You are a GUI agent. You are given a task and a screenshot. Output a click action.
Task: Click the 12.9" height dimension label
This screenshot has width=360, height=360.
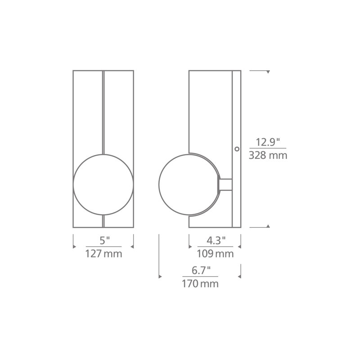(x=268, y=143)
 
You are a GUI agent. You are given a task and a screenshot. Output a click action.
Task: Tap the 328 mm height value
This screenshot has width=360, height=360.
(x=268, y=156)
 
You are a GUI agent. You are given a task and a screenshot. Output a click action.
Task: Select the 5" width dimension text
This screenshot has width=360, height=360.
(x=103, y=241)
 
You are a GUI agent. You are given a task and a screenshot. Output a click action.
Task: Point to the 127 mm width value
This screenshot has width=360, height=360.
(x=103, y=254)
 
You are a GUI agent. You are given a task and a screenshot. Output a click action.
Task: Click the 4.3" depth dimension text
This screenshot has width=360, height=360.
(x=215, y=241)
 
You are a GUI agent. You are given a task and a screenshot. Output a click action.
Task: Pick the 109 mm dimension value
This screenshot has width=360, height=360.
(x=215, y=254)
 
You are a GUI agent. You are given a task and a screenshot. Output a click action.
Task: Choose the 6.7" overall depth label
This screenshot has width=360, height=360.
(x=200, y=270)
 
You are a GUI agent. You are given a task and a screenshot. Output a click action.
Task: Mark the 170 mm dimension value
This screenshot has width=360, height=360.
(x=200, y=283)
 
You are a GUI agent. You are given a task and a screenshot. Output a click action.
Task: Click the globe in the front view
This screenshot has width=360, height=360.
(x=103, y=184)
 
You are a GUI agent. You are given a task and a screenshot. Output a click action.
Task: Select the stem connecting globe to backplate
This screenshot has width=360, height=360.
(x=225, y=184)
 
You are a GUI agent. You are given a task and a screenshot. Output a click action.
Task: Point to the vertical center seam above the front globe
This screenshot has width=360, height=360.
(x=104, y=112)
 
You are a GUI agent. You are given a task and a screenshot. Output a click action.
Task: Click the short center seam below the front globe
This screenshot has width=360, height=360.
(x=104, y=220)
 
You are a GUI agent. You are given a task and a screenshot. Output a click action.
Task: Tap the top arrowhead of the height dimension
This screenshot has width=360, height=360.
(x=268, y=72)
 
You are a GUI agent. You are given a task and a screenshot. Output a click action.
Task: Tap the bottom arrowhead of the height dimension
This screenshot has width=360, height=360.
(x=268, y=226)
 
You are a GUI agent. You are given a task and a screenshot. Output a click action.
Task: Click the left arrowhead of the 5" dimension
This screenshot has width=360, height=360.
(x=73, y=246)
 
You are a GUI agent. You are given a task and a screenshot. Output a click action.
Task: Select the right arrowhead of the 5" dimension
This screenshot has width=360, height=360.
(x=133, y=246)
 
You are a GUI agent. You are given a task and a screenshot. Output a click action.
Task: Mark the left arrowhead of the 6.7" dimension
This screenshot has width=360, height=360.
(x=159, y=276)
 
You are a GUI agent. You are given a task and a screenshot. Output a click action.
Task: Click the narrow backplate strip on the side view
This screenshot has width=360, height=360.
(x=236, y=112)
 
